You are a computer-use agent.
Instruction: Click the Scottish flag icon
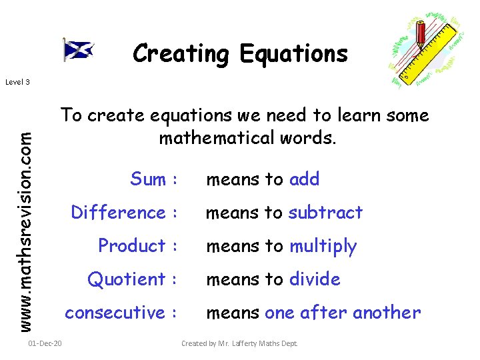(78, 49)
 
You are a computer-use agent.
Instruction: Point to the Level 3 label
(17, 82)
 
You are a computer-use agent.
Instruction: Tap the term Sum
(148, 179)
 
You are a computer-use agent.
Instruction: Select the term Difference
(118, 213)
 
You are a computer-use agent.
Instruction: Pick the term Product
(131, 246)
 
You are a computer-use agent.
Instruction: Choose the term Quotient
(126, 279)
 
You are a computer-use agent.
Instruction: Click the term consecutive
(115, 313)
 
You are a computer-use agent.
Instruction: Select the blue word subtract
(325, 213)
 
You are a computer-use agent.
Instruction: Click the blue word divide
(314, 279)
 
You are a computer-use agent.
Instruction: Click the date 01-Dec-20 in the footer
(45, 343)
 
